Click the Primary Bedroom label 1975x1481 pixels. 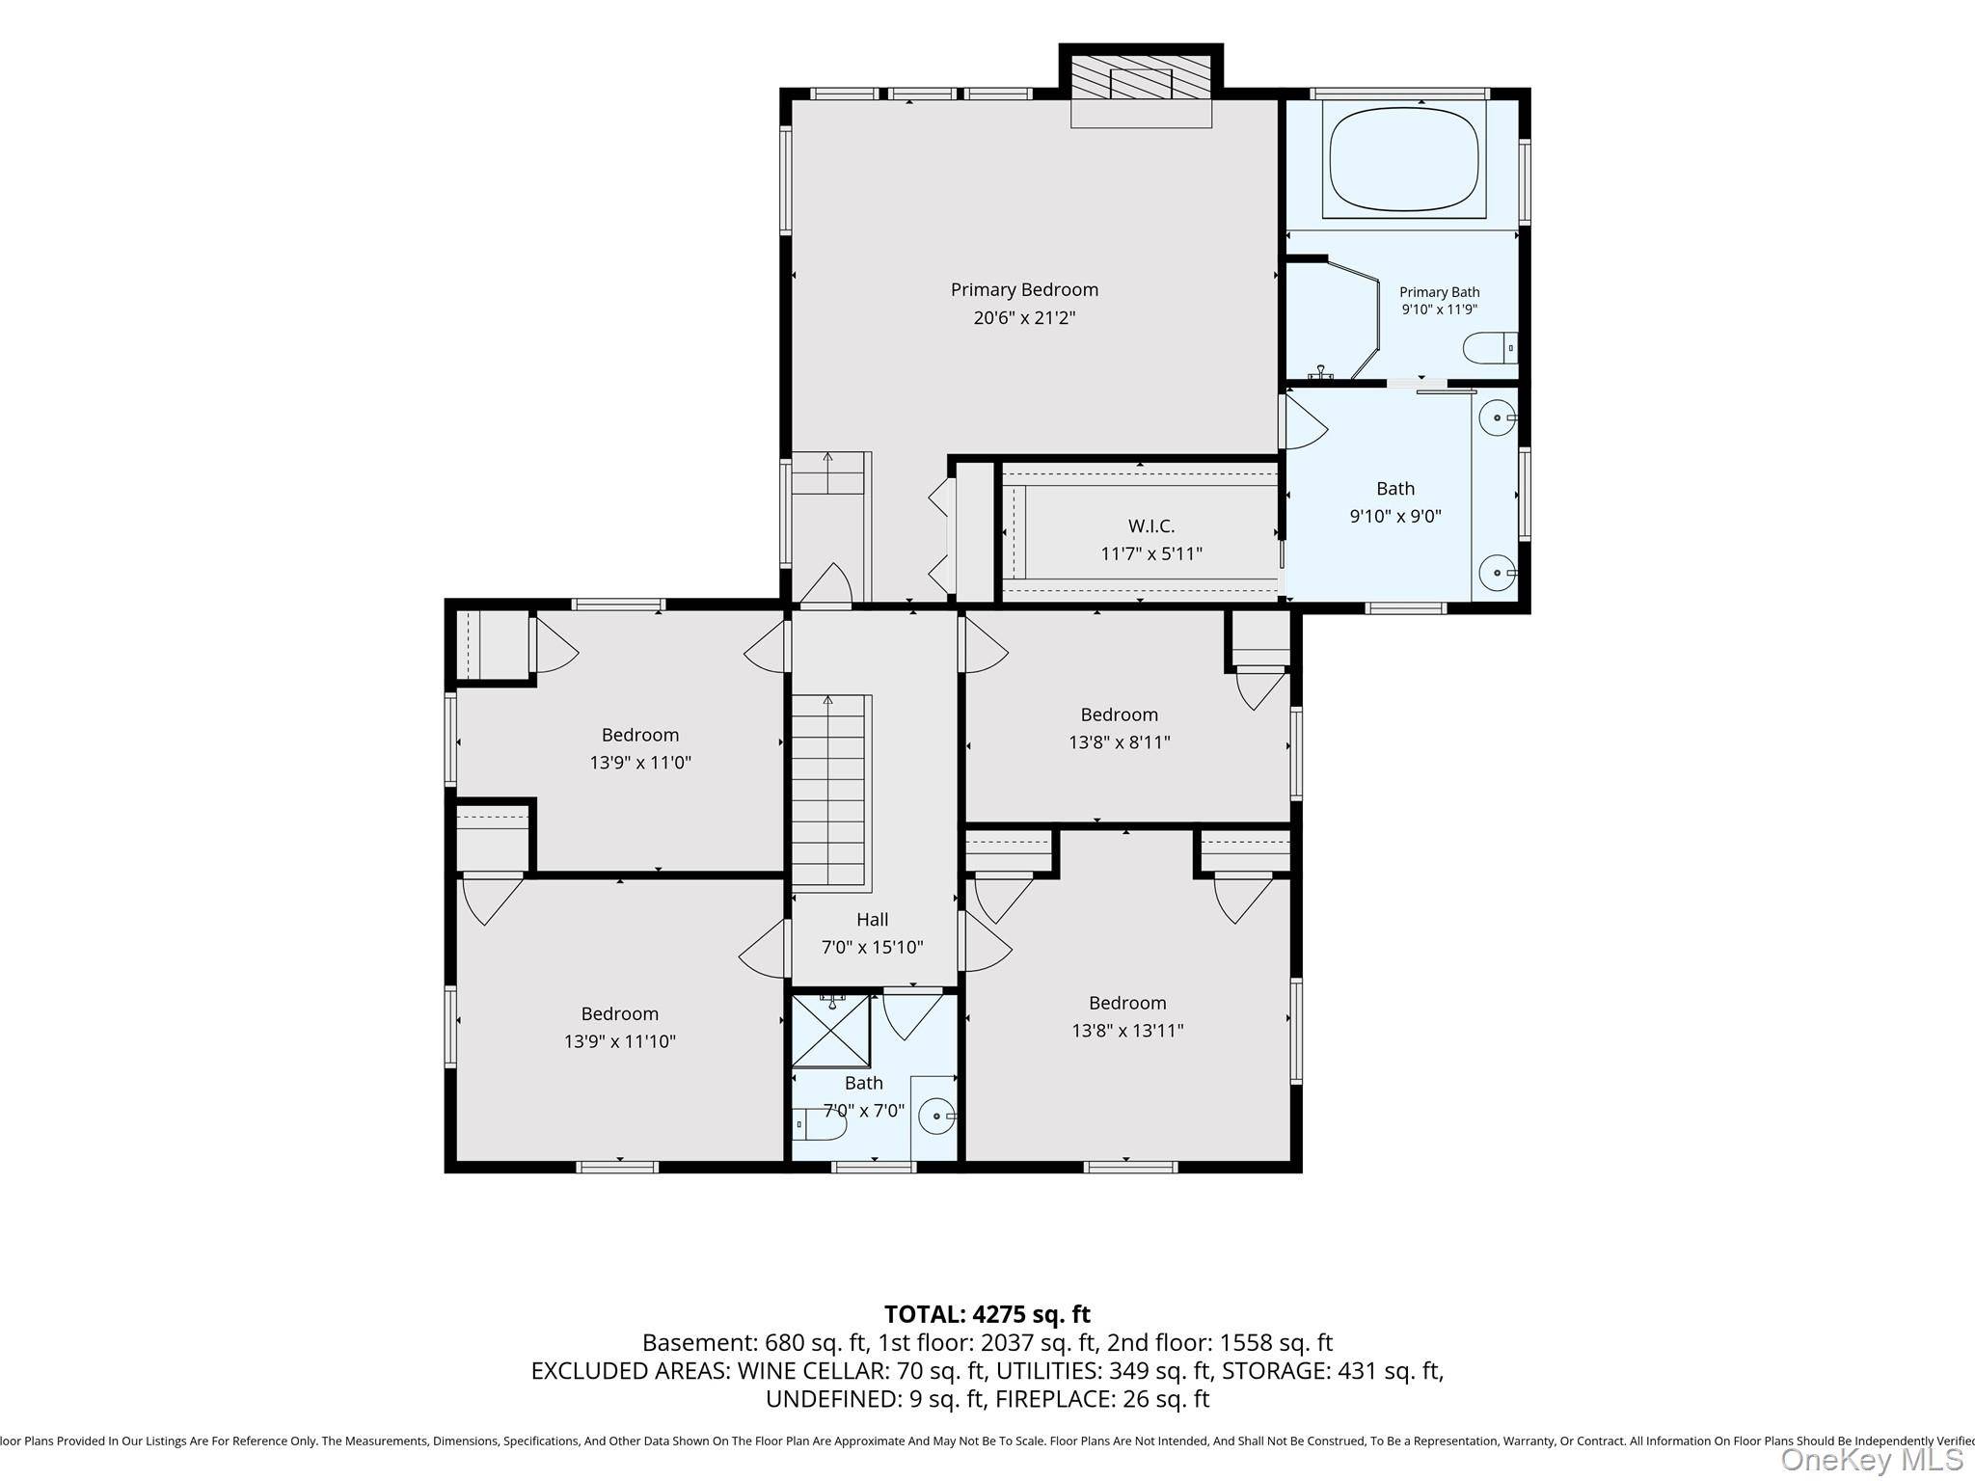[1024, 289]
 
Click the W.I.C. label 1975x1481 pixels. [1151, 525]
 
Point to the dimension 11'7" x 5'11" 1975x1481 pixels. [1151, 553]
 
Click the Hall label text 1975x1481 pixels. [872, 920]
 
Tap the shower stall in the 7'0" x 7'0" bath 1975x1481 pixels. [830, 1031]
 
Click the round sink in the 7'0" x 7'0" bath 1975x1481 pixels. [936, 1117]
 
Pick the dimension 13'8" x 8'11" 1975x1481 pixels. [1119, 742]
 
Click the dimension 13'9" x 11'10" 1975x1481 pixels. [619, 1041]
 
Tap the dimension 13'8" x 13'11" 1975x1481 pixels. [1127, 1031]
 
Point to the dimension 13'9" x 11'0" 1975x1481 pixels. [640, 763]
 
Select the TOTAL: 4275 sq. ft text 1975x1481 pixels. [987, 1314]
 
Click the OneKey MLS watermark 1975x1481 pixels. [1872, 1460]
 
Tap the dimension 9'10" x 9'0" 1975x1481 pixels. [1395, 516]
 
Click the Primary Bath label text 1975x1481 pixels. [1439, 292]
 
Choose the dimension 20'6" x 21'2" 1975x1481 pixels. [1024, 317]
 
